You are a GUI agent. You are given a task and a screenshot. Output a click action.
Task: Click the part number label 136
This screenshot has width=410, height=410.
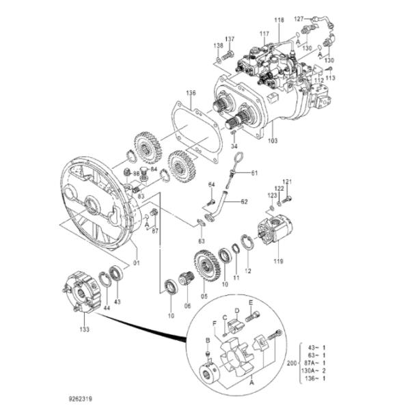click(191, 93)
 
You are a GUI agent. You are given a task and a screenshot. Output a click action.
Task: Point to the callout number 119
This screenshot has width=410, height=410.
click(279, 260)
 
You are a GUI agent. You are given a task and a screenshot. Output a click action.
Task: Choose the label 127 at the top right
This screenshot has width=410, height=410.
click(299, 18)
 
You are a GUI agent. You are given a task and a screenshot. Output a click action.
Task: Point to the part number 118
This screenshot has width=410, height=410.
click(279, 22)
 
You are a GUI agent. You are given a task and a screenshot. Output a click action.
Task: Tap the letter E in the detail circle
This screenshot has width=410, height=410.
click(251, 301)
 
